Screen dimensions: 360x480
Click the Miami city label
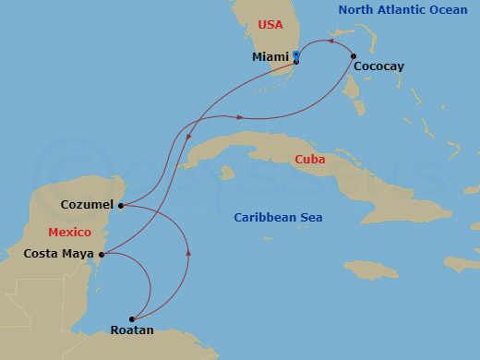click(270, 57)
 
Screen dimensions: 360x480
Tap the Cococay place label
click(378, 66)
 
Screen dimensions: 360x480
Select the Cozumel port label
click(87, 204)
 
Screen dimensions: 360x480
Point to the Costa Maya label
click(57, 253)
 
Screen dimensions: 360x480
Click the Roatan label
click(132, 330)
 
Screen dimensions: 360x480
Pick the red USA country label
click(270, 25)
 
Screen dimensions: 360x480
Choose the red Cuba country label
click(310, 160)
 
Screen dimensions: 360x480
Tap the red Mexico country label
click(69, 232)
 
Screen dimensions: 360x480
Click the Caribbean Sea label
click(278, 218)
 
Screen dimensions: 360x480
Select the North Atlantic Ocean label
click(402, 10)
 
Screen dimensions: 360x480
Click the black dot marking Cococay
click(354, 56)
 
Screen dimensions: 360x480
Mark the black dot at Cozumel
click(121, 206)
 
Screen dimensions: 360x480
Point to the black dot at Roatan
click(132, 319)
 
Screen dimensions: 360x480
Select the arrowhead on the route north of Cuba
click(240, 117)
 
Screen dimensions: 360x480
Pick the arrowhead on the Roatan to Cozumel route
click(188, 252)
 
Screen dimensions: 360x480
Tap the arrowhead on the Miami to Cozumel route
click(189, 138)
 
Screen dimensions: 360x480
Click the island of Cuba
click(277, 157)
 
